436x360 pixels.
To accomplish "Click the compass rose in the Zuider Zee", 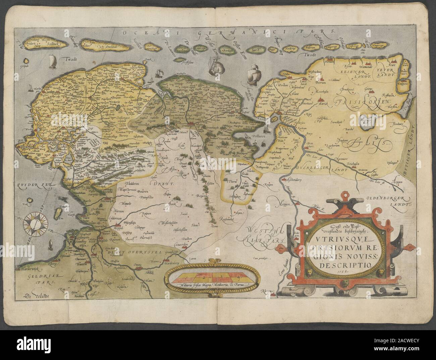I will (34, 223).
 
